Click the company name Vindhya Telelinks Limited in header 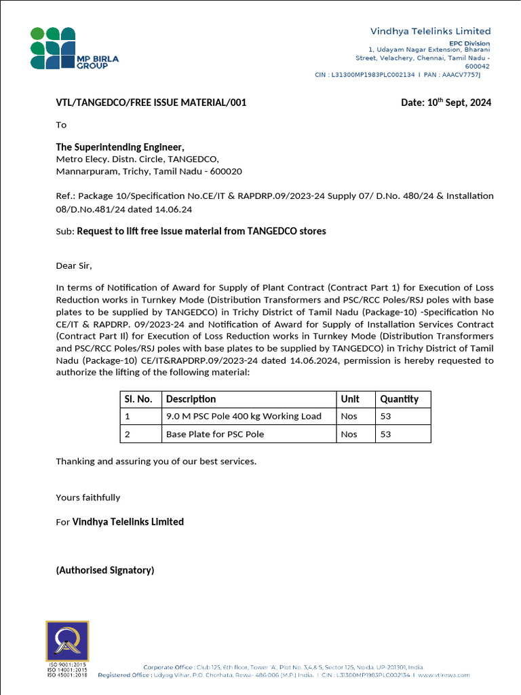coord(430,31)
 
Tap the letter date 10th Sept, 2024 coord(446,102)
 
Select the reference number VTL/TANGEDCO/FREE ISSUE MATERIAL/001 coord(151,103)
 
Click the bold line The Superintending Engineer coord(120,147)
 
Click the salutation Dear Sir coord(73,265)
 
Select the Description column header coord(191,399)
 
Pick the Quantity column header coord(399,399)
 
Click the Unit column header coord(350,399)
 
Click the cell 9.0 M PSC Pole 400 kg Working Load coord(244,416)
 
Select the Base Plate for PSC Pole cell coord(215,434)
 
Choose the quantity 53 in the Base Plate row coord(386,434)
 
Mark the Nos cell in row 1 coord(349,416)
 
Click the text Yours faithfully coord(88,497)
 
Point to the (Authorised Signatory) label coord(105,570)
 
